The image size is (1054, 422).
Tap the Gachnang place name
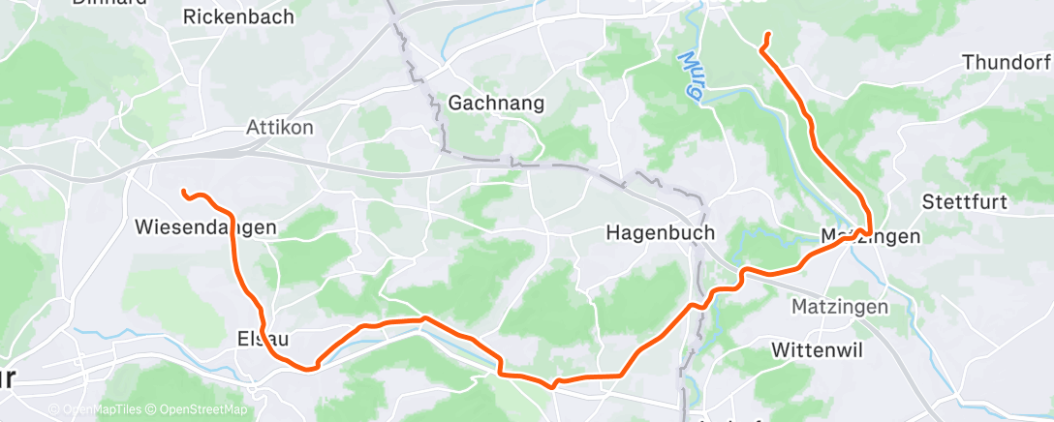click(x=497, y=103)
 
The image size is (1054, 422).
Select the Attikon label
click(x=280, y=128)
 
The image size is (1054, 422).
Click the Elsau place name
click(x=263, y=339)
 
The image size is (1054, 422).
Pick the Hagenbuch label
click(x=660, y=232)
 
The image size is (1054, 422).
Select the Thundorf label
click(x=1006, y=63)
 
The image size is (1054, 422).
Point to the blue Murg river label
click(x=691, y=73)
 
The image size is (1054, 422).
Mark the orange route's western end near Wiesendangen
click(x=183, y=193)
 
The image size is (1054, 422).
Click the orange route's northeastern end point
click(x=768, y=35)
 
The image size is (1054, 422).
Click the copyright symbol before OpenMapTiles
click(x=53, y=410)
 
